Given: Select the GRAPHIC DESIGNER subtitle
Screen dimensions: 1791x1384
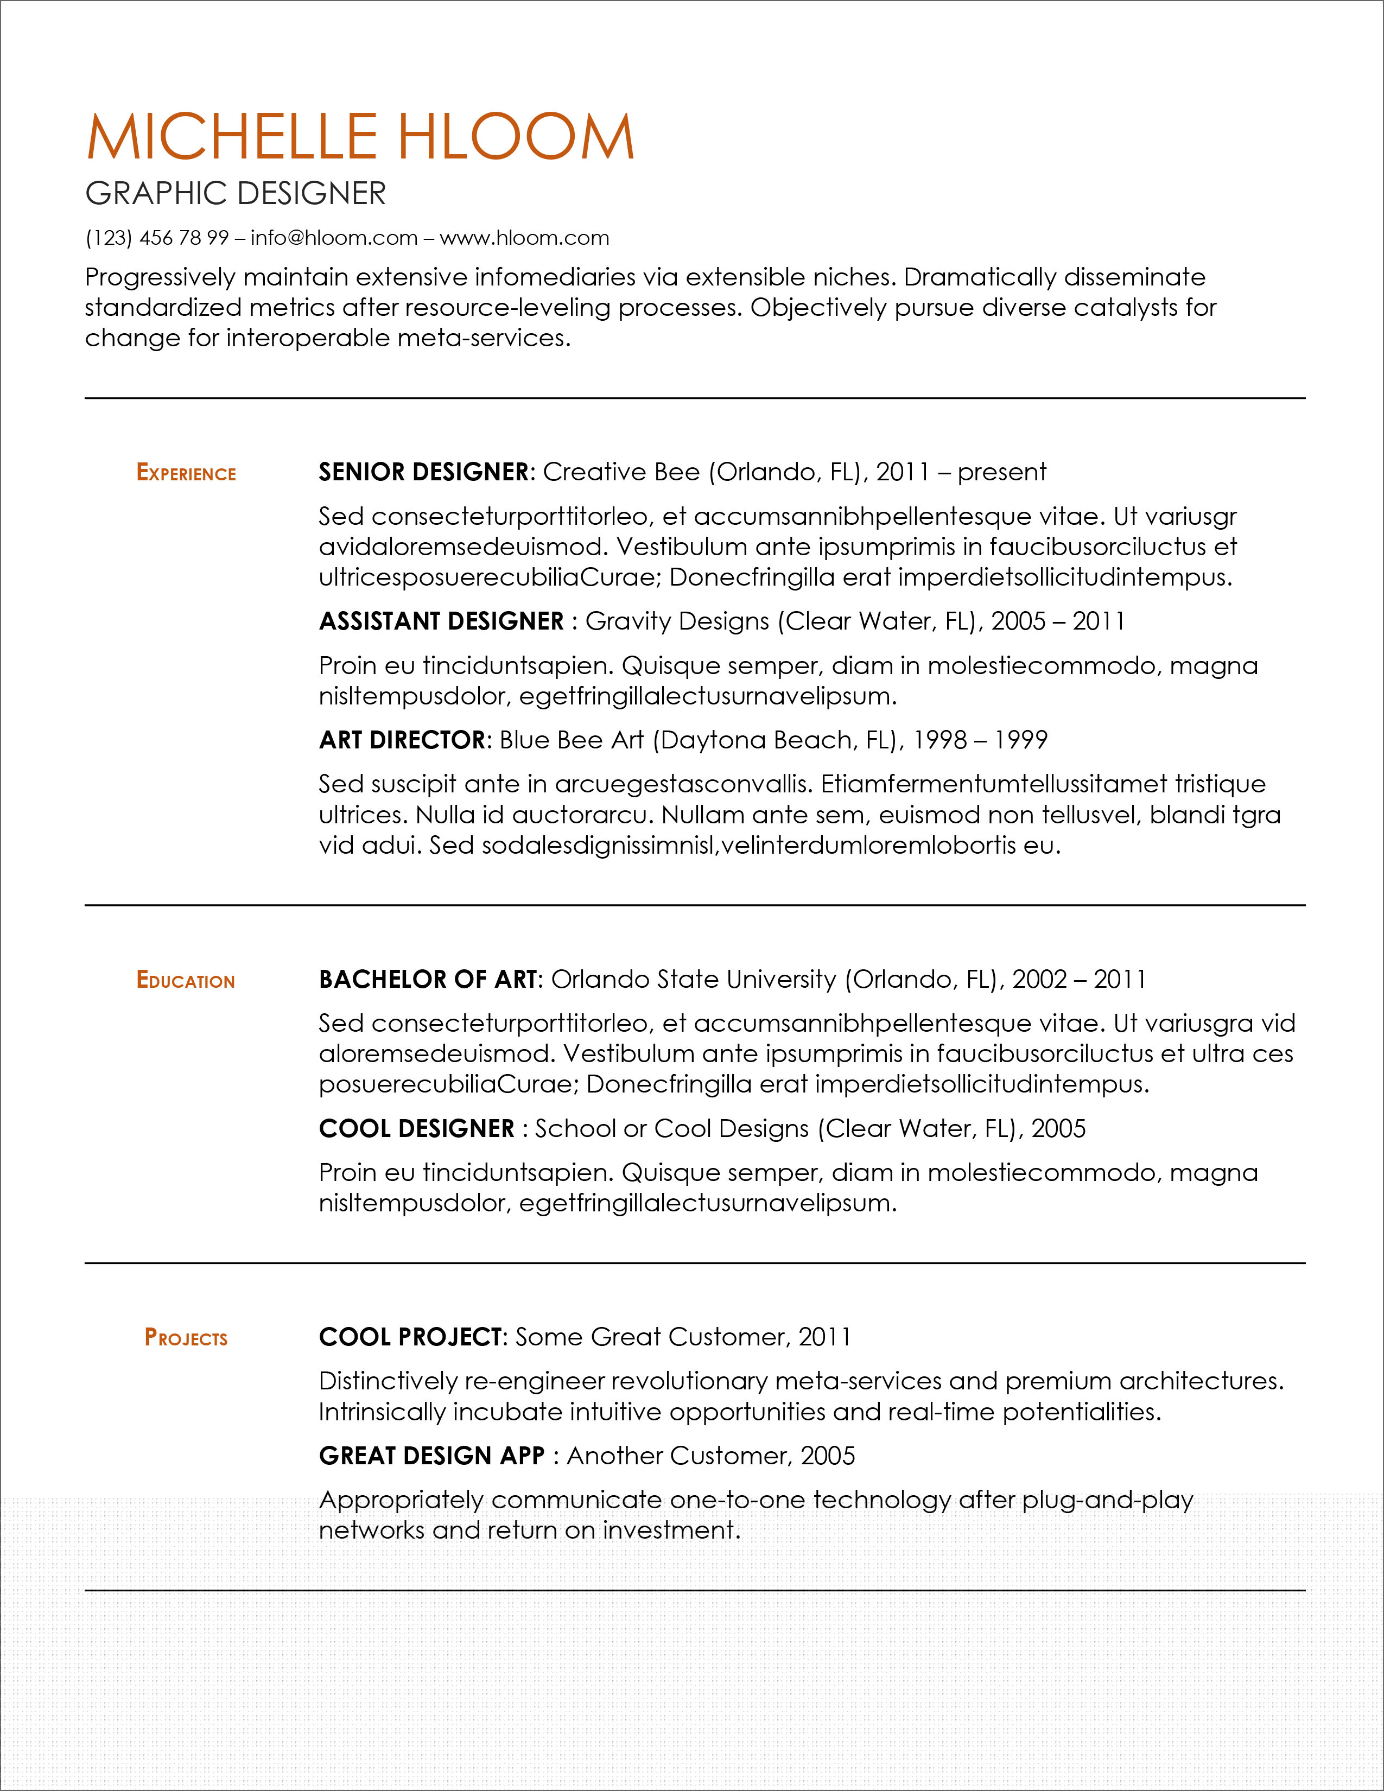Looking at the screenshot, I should (236, 194).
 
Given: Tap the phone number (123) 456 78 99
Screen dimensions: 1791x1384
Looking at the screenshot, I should (157, 238).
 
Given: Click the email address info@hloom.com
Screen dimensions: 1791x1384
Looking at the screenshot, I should (334, 238).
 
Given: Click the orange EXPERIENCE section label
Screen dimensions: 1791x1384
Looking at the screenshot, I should (186, 473).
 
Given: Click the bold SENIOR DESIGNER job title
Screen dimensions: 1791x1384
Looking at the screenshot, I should (424, 472).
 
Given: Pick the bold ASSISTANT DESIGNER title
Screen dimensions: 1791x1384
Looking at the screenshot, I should (441, 621).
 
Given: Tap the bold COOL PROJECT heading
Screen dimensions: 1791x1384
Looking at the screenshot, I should (410, 1337).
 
